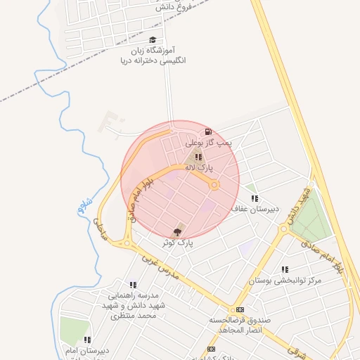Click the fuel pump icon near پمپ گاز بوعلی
click(x=207, y=131)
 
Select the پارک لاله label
click(x=198, y=168)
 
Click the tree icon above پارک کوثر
click(x=176, y=231)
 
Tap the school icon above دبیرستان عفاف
click(x=255, y=198)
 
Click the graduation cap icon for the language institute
click(x=153, y=40)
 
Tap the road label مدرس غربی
click(x=161, y=266)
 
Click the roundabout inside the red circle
click(x=214, y=185)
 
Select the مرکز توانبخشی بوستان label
click(x=285, y=281)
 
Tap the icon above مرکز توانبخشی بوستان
click(x=285, y=269)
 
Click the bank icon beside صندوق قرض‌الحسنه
click(x=240, y=309)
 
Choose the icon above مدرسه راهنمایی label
click(x=133, y=284)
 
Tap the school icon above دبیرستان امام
click(x=87, y=340)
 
